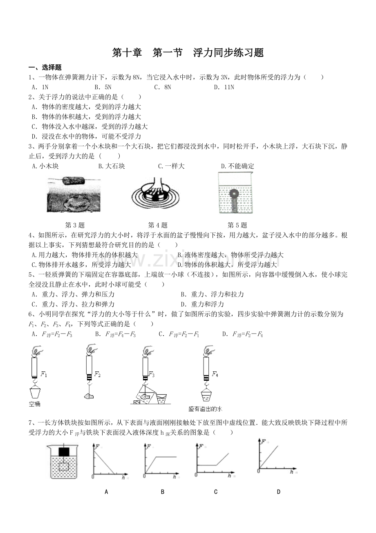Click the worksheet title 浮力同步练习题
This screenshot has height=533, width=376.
point(228,52)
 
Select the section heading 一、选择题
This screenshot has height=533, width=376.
point(45,68)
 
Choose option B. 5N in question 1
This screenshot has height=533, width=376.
point(103,87)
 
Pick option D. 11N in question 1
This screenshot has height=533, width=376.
point(224,87)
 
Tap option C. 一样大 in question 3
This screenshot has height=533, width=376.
point(171,166)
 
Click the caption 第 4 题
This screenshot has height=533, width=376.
point(158,225)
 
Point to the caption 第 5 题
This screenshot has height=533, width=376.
point(237,225)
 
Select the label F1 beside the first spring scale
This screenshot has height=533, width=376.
point(44,374)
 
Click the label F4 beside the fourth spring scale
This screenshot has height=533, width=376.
point(215,374)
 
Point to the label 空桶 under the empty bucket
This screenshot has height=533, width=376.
point(35,404)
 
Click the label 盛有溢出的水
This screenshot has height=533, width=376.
point(205,409)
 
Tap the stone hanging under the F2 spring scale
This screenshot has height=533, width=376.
point(89,396)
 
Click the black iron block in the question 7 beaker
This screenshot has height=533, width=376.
point(64,452)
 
